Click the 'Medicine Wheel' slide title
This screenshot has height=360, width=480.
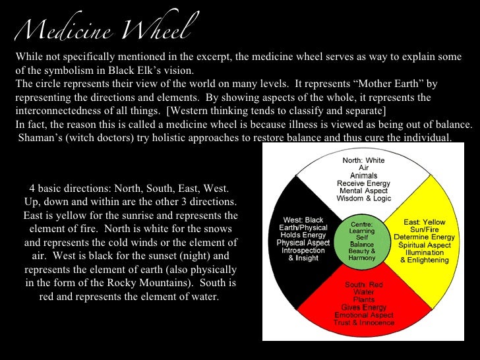(x=105, y=27)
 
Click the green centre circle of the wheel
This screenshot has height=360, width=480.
(x=363, y=241)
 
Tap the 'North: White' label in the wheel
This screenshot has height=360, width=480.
(x=363, y=160)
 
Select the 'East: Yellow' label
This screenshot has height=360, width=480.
(x=424, y=222)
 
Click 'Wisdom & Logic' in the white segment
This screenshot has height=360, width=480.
(x=363, y=198)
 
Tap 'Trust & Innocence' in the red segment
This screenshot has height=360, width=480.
(x=364, y=322)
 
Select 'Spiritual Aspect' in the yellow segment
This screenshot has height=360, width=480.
(x=424, y=245)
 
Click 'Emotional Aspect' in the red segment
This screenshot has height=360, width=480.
(x=364, y=315)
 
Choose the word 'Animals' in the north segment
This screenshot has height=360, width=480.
(x=363, y=175)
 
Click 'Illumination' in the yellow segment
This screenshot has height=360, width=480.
(x=424, y=252)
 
